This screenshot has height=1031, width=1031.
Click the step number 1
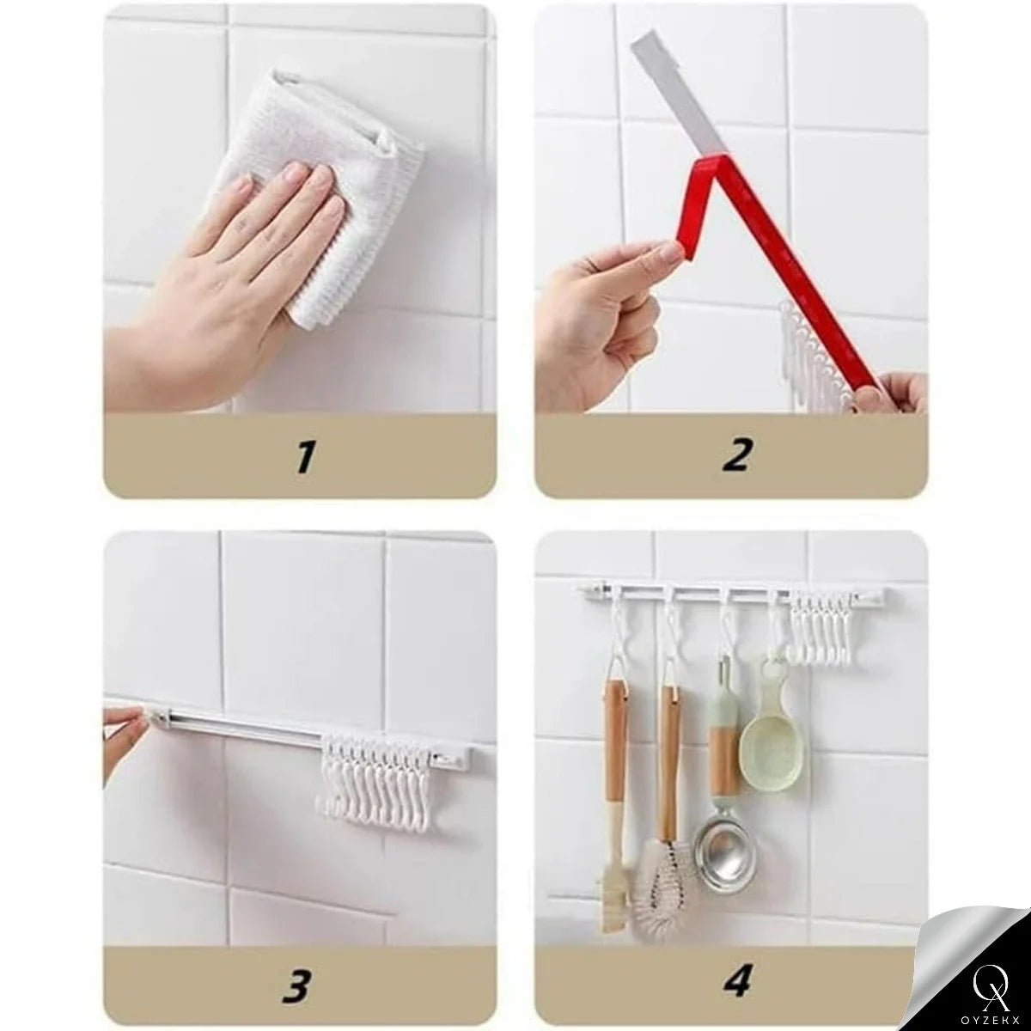(306, 456)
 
